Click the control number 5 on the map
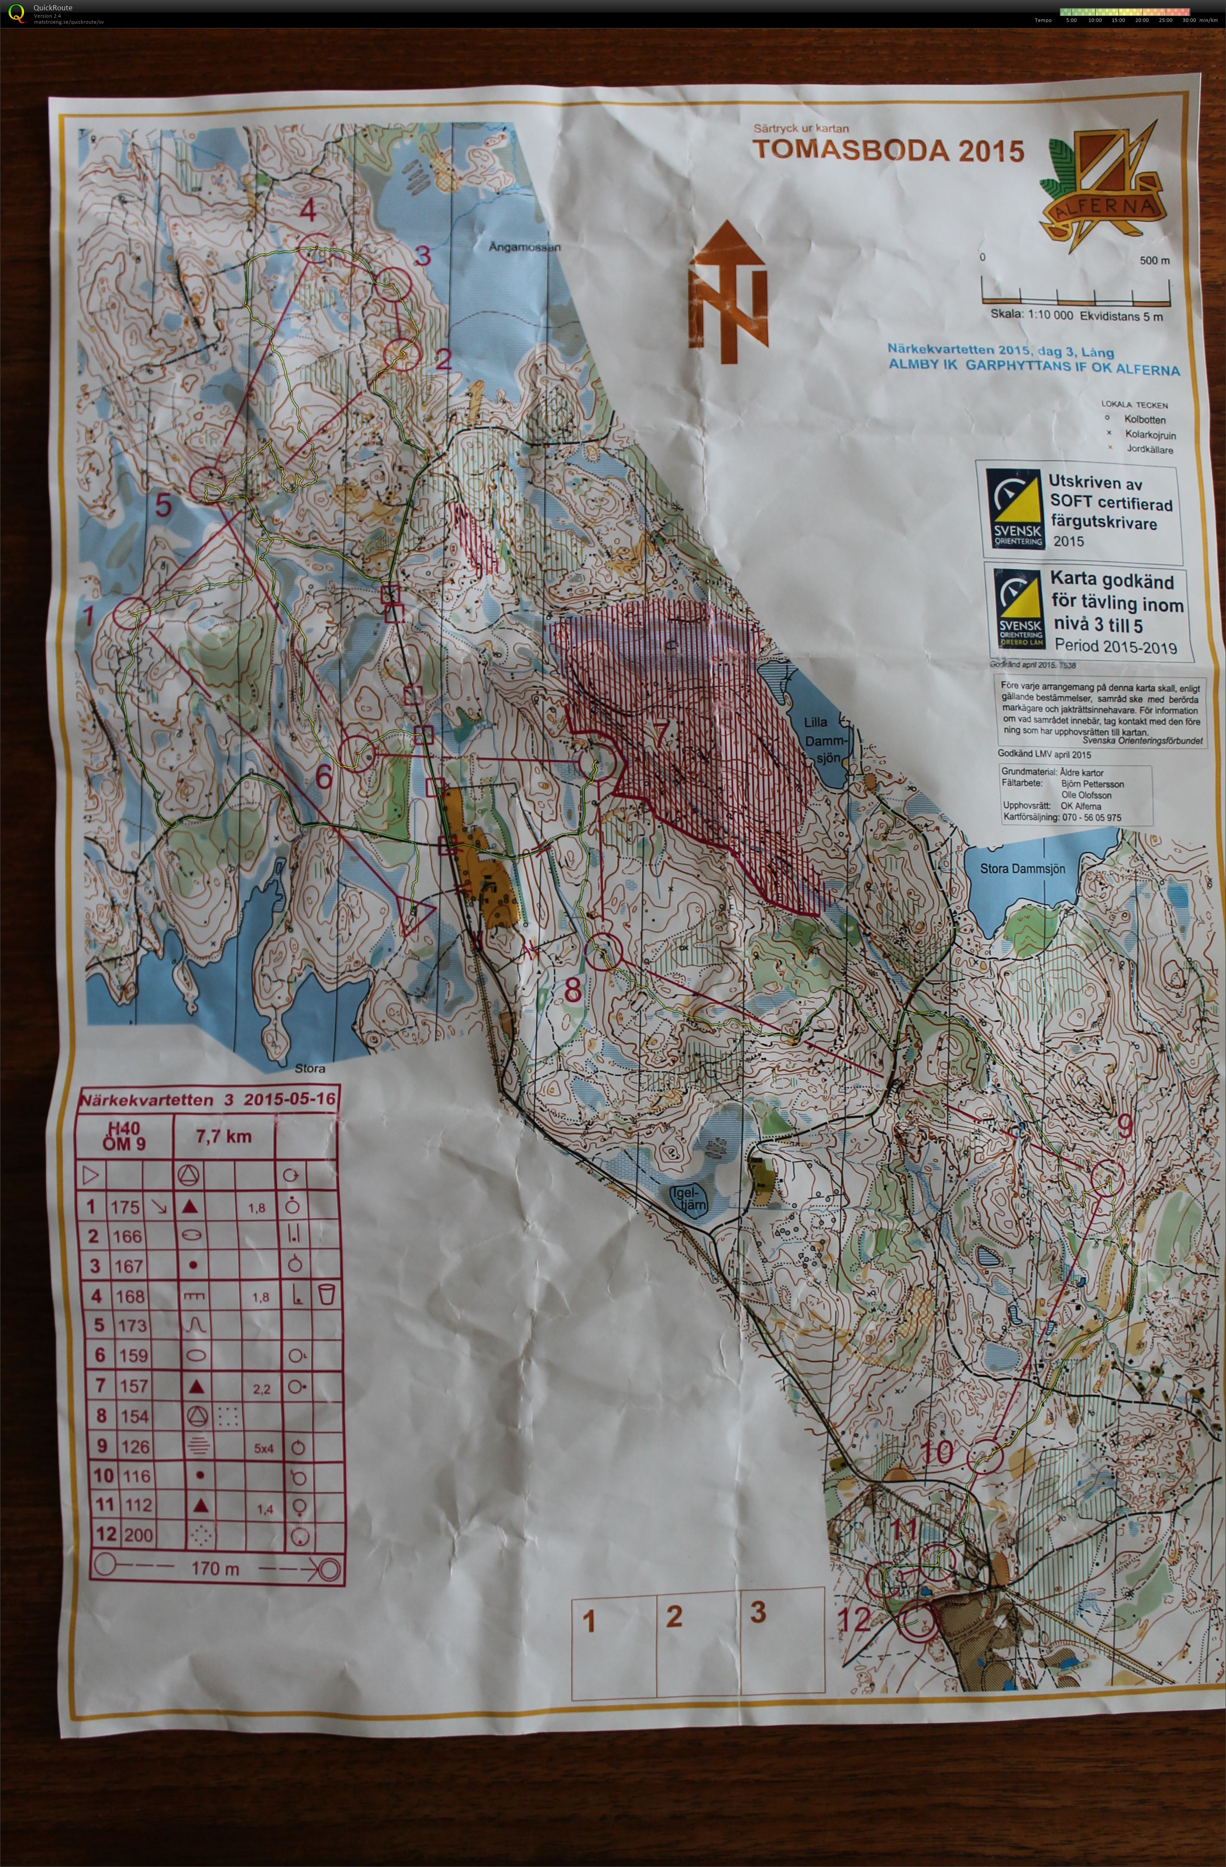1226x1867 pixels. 162,506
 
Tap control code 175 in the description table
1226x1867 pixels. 126,1207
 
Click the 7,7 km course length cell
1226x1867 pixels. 224,1137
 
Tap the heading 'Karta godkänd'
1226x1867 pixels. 1112,581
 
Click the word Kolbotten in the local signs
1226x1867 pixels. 1144,420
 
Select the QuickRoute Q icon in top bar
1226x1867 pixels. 16,13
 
